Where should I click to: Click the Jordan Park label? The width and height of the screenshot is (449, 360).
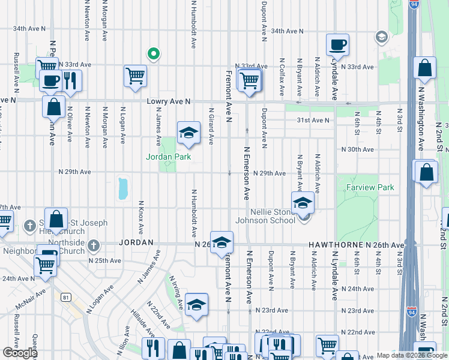pyautogui.click(x=169, y=157)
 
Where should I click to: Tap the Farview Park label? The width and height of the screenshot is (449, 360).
pyautogui.click(x=370, y=188)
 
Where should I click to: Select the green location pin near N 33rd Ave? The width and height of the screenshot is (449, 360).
pyautogui.click(x=154, y=54)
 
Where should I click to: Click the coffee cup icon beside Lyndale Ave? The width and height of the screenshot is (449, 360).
pyautogui.click(x=337, y=44)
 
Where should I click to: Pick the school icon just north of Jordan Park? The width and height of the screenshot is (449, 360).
pyautogui.click(x=188, y=132)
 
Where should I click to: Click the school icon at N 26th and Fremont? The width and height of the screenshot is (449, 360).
pyautogui.click(x=221, y=242)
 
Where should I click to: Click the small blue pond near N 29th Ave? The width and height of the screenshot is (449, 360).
pyautogui.click(x=123, y=188)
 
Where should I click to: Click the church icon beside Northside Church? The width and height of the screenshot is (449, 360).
pyautogui.click(x=93, y=245)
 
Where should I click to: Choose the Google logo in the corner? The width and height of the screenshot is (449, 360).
pyautogui.click(x=20, y=352)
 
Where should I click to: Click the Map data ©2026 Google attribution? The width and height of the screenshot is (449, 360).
pyautogui.click(x=412, y=355)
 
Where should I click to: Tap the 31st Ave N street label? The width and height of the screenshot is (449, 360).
pyautogui.click(x=313, y=120)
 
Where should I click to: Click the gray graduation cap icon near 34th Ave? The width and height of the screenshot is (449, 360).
pyautogui.click(x=381, y=37)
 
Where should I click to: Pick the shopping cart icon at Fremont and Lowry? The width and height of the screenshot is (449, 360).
pyautogui.click(x=249, y=80)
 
